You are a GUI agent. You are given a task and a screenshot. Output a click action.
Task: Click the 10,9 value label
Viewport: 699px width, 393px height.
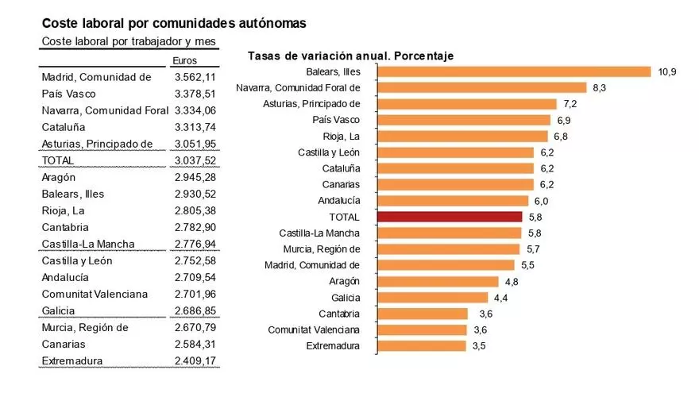click(667, 71)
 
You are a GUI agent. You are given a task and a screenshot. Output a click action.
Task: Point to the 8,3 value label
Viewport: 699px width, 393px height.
click(599, 87)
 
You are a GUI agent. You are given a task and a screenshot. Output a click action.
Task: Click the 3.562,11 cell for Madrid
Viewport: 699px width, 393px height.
click(195, 77)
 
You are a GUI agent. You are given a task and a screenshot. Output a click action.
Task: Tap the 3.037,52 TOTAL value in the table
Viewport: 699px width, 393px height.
click(195, 160)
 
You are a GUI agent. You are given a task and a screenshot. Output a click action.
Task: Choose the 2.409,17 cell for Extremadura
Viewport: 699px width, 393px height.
click(195, 361)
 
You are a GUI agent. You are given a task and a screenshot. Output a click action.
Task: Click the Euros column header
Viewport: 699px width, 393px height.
click(184, 60)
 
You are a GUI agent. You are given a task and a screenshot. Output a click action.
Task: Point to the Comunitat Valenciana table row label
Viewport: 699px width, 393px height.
click(95, 294)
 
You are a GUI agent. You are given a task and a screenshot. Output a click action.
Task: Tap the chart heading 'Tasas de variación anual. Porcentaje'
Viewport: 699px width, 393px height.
click(350, 56)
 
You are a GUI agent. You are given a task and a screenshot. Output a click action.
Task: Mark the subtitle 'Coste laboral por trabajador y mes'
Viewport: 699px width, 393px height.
click(128, 41)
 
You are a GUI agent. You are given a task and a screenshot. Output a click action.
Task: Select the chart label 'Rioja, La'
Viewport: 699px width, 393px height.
click(342, 136)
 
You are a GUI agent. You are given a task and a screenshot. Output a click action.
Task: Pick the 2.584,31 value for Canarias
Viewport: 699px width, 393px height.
click(195, 345)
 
